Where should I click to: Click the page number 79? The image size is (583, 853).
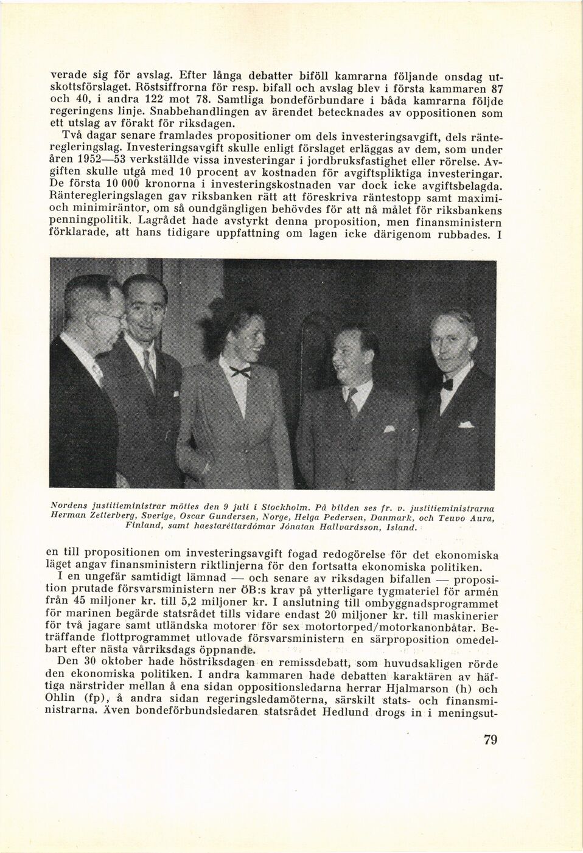pyautogui.click(x=490, y=740)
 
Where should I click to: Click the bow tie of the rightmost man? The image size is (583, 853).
pyautogui.click(x=448, y=384)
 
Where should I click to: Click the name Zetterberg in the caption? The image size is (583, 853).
pyautogui.click(x=103, y=517)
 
